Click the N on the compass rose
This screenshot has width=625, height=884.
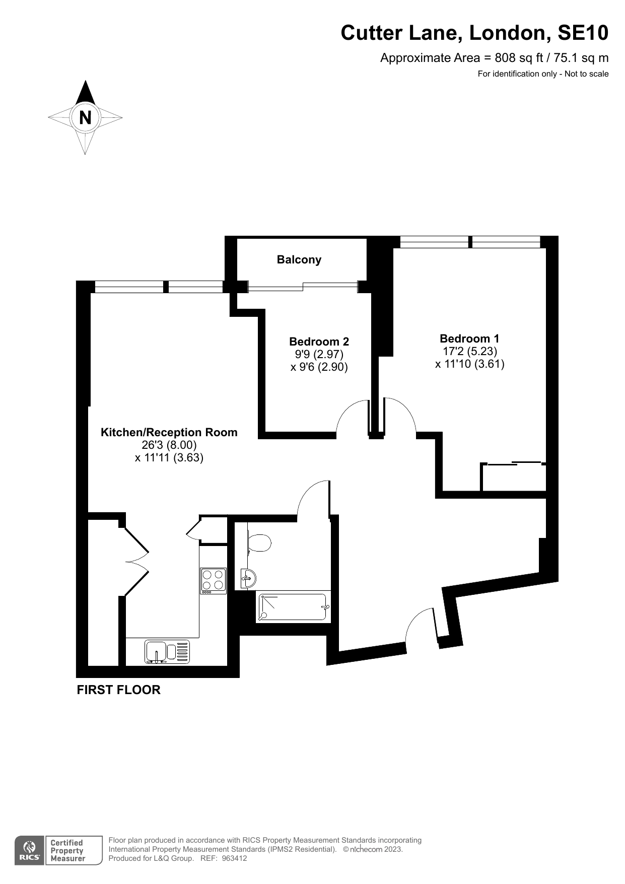(x=86, y=117)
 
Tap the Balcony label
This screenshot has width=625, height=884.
(x=299, y=259)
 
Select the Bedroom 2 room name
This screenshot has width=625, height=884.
(x=319, y=342)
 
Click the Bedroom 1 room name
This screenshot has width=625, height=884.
(x=469, y=338)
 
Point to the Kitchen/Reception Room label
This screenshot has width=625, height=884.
(x=169, y=432)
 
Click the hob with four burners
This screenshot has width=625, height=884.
(x=213, y=581)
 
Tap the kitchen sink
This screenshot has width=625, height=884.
(x=167, y=652)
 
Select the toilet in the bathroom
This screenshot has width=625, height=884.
(x=259, y=543)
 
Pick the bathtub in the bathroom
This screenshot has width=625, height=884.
(x=293, y=607)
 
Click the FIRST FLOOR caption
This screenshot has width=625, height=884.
(x=118, y=690)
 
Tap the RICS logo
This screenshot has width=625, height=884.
(x=30, y=851)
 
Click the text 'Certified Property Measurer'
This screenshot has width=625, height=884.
(x=67, y=851)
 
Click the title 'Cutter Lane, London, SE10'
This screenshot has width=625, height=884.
(x=474, y=33)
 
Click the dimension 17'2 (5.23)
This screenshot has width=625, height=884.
(x=470, y=351)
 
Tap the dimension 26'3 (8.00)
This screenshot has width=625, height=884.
(x=169, y=445)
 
